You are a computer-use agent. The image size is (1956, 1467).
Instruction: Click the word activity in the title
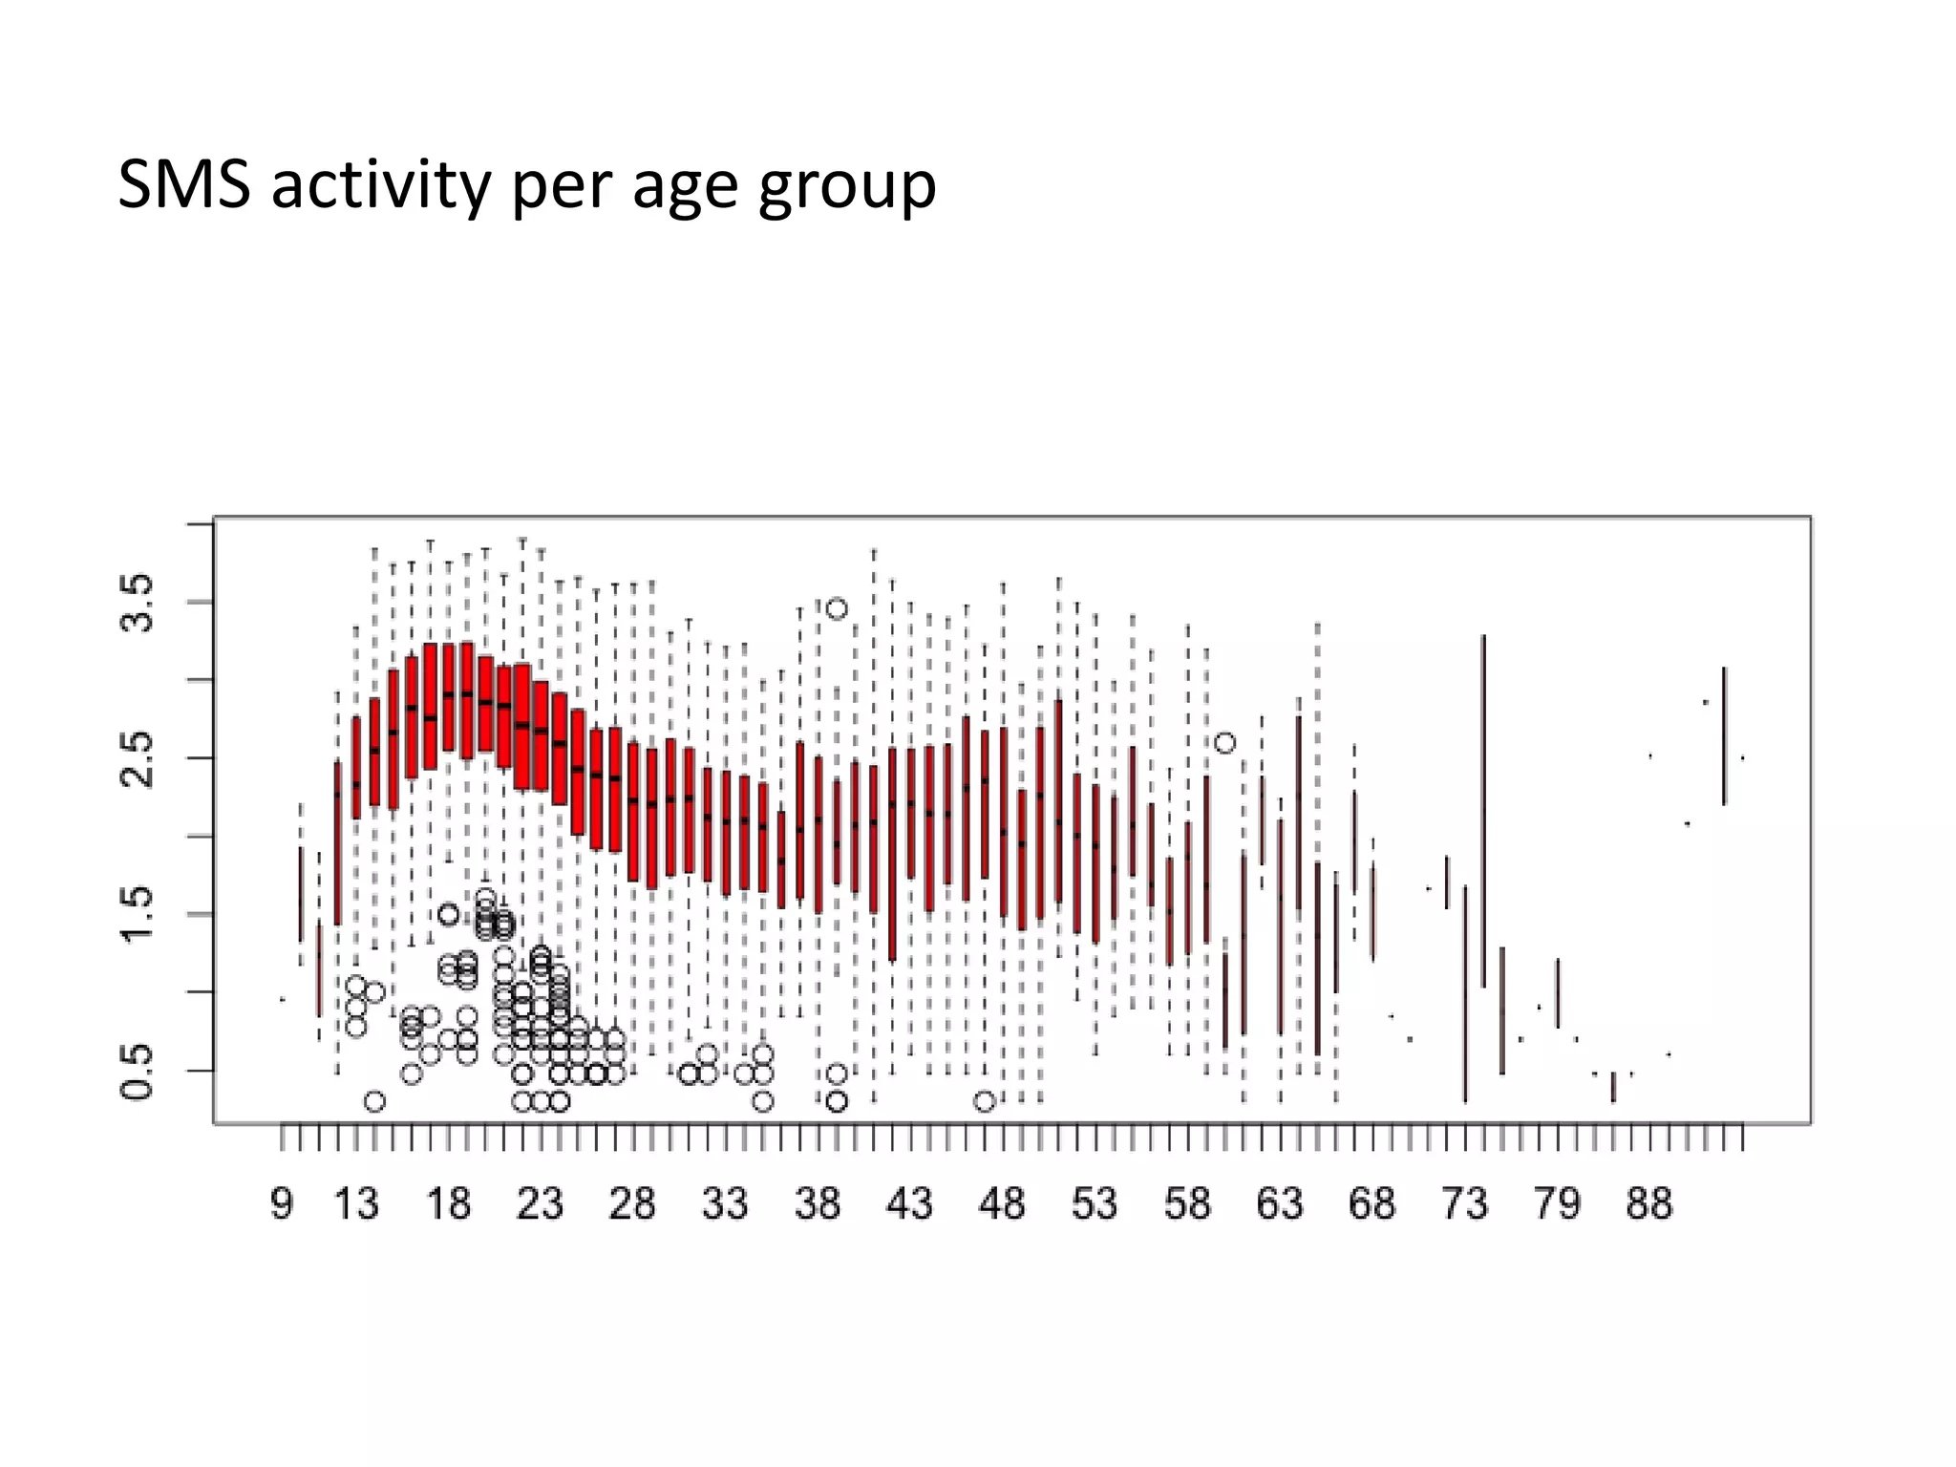379,185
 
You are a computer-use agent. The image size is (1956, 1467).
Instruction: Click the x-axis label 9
282,1203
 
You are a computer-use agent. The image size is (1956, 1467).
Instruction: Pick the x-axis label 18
448,1203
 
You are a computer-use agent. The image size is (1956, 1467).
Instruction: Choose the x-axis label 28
632,1203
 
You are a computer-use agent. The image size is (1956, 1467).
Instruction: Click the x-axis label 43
909,1203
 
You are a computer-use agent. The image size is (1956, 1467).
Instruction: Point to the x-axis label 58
1187,1203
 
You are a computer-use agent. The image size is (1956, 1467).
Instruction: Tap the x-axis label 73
1464,1203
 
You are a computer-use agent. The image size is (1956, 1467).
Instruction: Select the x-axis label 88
1649,1203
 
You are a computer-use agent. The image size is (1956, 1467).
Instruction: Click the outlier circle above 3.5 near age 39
837,608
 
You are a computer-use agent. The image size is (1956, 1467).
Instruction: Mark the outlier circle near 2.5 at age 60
1225,742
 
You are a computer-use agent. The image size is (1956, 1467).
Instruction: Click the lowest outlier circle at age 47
985,1101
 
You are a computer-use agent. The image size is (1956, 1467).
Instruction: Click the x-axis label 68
1372,1203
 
